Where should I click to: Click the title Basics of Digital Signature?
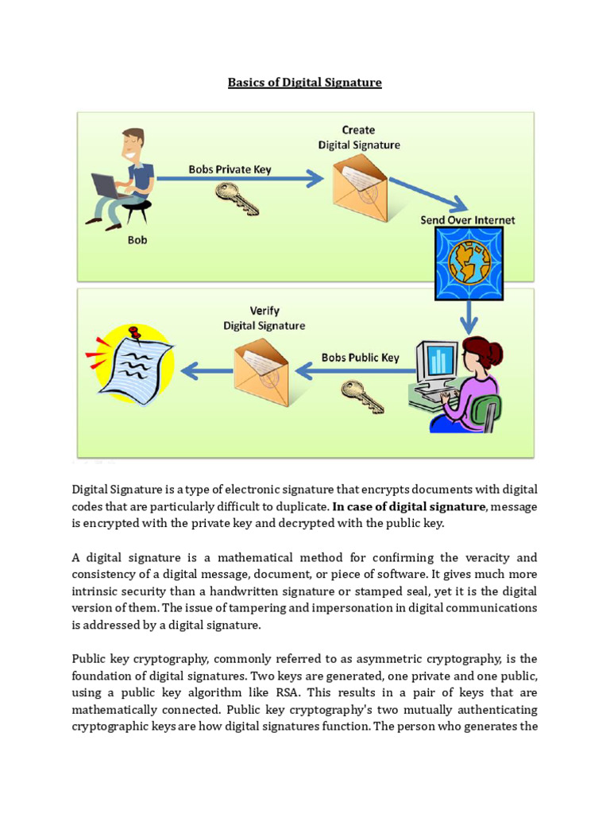(305, 82)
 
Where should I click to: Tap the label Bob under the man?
(137, 239)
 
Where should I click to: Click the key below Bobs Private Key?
(237, 198)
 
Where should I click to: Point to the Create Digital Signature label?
(359, 138)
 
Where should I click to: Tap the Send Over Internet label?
(468, 220)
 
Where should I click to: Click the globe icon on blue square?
(468, 265)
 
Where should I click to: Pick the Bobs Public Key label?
(360, 358)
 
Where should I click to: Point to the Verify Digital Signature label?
(264, 318)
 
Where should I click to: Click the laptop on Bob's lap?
(106, 186)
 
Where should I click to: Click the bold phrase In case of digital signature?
(408, 506)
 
